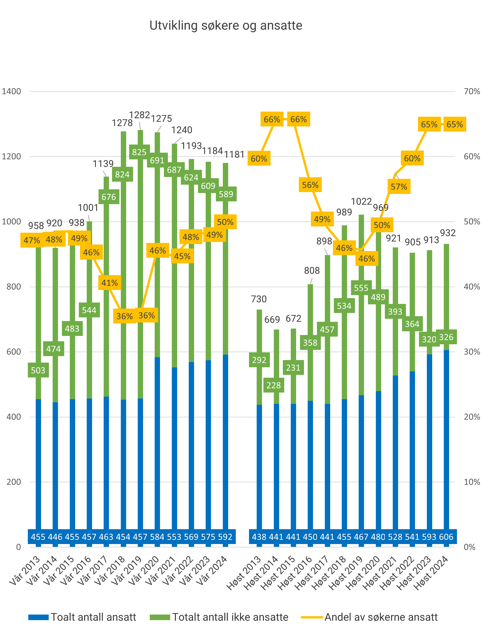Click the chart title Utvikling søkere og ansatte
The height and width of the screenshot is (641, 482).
(225, 26)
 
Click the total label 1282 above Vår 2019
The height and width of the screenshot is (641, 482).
(139, 115)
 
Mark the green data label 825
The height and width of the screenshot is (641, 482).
(139, 152)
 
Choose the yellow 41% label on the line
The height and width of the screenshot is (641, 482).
(109, 283)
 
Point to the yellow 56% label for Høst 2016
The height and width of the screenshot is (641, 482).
(310, 185)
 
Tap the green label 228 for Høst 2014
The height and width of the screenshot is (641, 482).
(273, 385)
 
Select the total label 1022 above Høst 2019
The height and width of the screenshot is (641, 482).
(361, 201)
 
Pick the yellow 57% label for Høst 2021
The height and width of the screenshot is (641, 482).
(399, 187)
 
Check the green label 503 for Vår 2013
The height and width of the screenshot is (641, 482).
(38, 370)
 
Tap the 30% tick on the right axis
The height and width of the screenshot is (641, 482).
(472, 352)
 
